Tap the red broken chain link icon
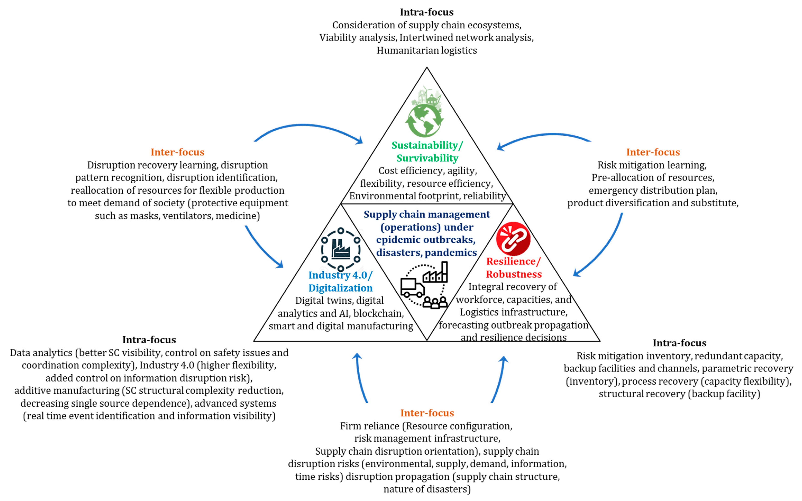coord(513,239)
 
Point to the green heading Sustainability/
coord(427,145)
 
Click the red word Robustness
coord(514,274)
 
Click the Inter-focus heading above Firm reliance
coord(427,413)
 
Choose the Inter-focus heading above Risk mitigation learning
coord(653,152)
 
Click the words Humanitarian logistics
coord(427,50)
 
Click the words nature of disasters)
coord(427,489)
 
